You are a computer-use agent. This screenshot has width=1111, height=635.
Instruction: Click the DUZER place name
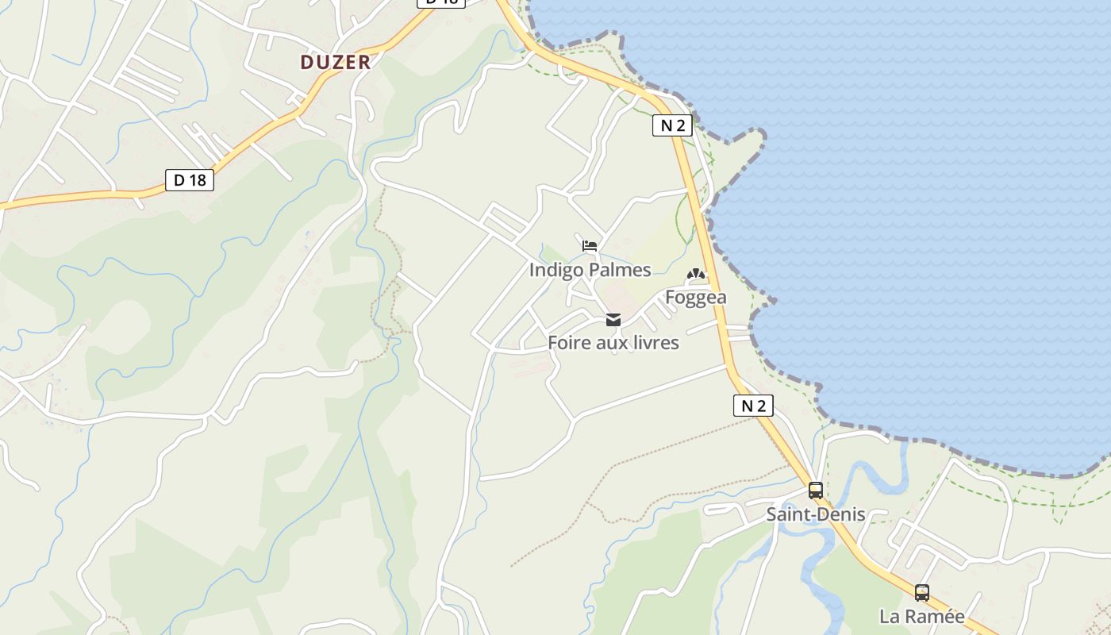point(335,62)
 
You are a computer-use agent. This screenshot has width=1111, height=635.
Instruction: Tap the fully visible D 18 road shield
point(190,180)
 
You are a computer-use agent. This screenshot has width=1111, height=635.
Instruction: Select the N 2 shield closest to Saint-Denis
point(752,406)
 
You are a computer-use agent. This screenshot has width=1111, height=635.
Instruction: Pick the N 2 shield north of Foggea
point(672,125)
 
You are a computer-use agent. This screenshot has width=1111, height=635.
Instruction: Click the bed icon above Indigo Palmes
point(590,245)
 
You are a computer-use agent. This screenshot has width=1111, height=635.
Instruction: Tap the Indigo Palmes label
point(590,270)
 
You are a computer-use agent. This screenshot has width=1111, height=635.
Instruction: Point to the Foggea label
point(696,298)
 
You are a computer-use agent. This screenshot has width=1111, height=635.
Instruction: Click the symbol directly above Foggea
point(696,275)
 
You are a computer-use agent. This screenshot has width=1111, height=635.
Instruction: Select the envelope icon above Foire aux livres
point(613,320)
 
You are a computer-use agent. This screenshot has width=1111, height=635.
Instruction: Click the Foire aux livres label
point(613,343)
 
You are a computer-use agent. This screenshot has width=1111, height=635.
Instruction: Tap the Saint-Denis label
point(815,514)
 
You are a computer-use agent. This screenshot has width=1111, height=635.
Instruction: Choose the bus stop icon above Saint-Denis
point(816,490)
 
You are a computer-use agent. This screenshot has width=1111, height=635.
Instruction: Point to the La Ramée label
point(921,616)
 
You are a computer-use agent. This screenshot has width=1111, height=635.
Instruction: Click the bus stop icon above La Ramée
point(922,592)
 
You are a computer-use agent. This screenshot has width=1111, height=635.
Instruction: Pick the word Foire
point(569,343)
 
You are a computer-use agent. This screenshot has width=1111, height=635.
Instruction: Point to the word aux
point(609,343)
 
